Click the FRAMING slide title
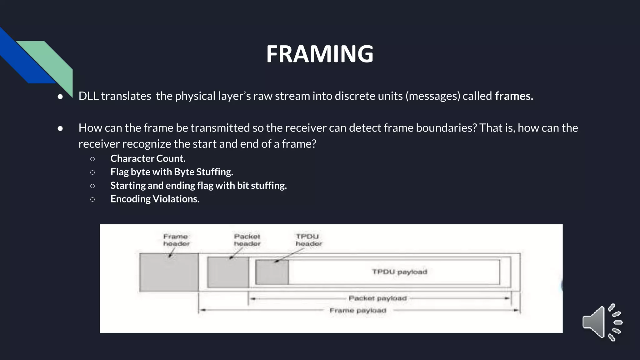(x=320, y=54)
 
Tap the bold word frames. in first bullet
(x=514, y=96)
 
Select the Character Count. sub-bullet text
(x=148, y=158)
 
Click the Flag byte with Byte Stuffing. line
(x=172, y=172)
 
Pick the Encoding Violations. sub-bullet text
(x=155, y=199)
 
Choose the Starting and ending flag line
(x=198, y=185)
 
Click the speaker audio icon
(x=602, y=322)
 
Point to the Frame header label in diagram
(x=176, y=240)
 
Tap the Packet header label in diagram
(x=247, y=240)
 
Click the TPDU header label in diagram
(x=308, y=240)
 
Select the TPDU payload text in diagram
(x=399, y=272)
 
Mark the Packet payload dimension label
(x=377, y=298)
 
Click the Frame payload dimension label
(x=358, y=311)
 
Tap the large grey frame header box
(x=169, y=272)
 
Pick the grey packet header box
(x=228, y=272)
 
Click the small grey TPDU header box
(x=272, y=272)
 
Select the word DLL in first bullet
(x=88, y=96)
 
